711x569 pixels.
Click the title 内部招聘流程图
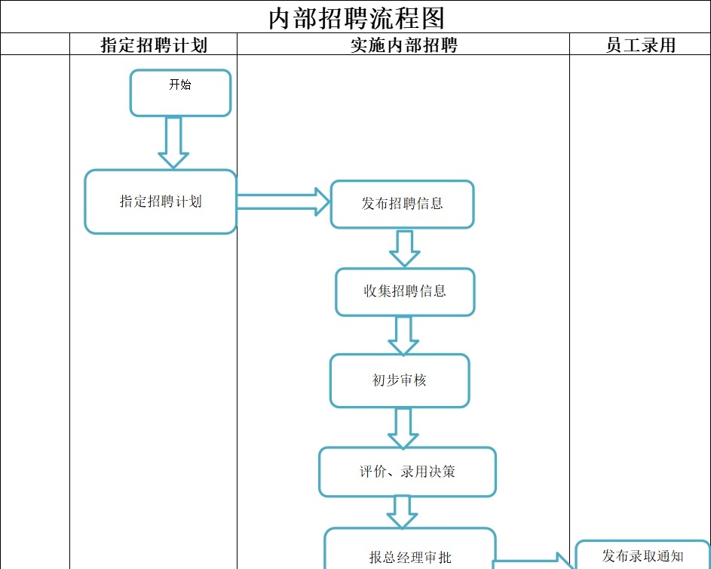click(x=356, y=17)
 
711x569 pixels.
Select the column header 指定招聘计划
click(x=154, y=45)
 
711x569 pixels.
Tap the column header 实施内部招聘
click(x=403, y=45)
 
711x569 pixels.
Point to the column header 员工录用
click(x=640, y=45)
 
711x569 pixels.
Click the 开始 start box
click(x=180, y=93)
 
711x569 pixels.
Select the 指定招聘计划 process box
click(x=161, y=201)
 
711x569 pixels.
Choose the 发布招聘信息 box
click(x=402, y=204)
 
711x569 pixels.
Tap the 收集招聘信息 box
click(x=405, y=291)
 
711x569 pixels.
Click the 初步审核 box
click(x=400, y=380)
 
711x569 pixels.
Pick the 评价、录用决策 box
click(x=407, y=472)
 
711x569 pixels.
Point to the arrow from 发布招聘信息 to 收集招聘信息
click(x=405, y=248)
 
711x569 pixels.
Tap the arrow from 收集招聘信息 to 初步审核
click(x=403, y=335)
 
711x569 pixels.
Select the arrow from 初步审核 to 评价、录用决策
click(x=403, y=427)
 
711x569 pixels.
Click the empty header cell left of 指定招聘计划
click(x=35, y=45)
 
